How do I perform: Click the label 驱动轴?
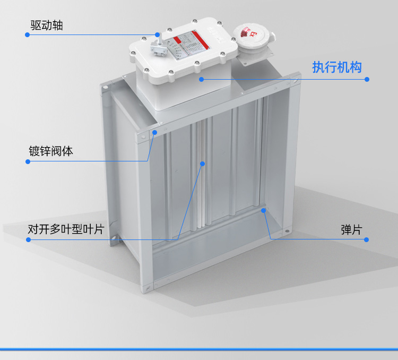point(47,25)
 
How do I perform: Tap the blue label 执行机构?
point(336,67)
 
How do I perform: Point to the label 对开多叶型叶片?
point(66,230)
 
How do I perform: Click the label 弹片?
point(351,230)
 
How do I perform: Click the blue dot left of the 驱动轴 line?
point(27,35)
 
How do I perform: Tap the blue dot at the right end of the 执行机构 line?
point(367,79)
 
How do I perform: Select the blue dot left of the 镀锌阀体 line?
point(28,161)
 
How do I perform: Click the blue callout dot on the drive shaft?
point(157,35)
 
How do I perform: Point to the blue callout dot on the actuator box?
point(202,79)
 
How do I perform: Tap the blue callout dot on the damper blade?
point(202,164)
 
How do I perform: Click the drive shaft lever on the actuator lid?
point(156,47)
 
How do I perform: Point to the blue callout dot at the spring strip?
point(264,211)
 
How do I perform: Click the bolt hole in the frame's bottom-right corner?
point(287,232)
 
